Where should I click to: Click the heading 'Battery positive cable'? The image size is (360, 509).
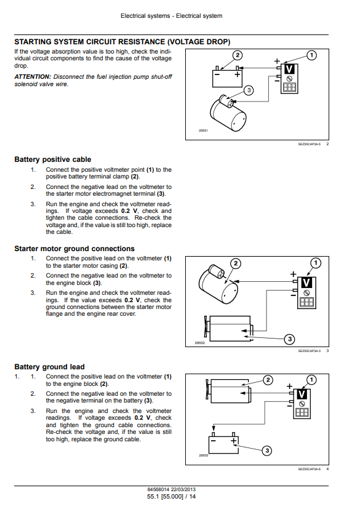coord(52,159)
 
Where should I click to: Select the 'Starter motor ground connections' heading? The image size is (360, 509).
coord(74,249)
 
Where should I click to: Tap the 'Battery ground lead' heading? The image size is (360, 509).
coord(49,367)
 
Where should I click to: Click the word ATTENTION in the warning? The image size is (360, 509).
coord(33,77)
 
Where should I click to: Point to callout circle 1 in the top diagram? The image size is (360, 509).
coord(311,55)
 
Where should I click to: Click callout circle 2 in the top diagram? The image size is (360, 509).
coord(238,55)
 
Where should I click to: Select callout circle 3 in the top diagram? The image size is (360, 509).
coord(249,90)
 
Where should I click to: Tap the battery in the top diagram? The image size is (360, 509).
coord(227,77)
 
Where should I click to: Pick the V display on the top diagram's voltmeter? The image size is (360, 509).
coord(289,69)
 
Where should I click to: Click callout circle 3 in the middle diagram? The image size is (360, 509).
coord(290,340)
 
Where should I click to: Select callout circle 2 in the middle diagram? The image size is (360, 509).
coord(236,263)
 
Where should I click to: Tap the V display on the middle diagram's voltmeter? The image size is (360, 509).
coord(306,283)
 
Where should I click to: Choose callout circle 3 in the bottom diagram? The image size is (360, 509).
coord(267,451)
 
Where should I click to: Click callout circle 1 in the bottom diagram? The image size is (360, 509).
coord(311,380)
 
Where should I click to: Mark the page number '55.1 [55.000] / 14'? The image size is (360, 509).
coord(172,497)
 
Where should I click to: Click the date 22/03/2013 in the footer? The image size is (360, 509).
coord(183,489)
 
